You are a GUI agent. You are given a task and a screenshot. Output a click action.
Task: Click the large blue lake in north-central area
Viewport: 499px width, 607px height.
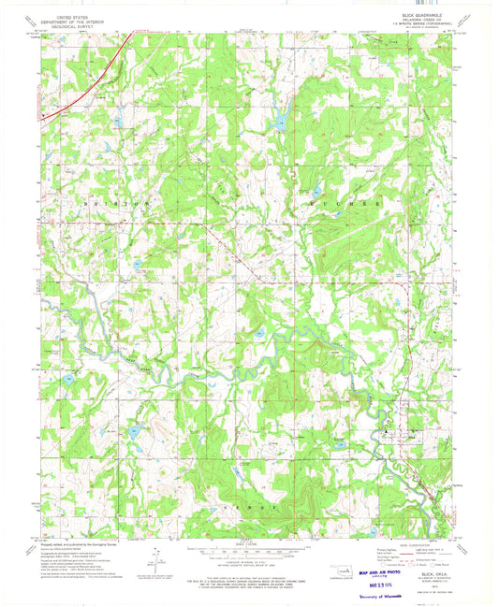coord(277,123)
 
